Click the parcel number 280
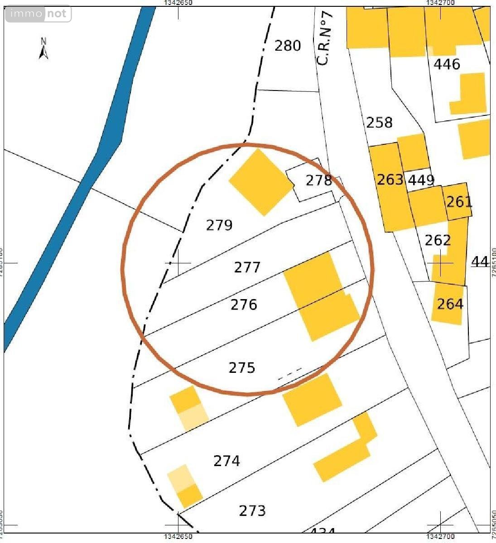pyautogui.click(x=288, y=46)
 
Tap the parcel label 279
pyautogui.click(x=219, y=225)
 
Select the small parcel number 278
pyautogui.click(x=318, y=181)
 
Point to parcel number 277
pyautogui.click(x=247, y=267)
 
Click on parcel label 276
pyautogui.click(x=244, y=305)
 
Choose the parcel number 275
pyautogui.click(x=242, y=367)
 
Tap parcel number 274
pyautogui.click(x=226, y=461)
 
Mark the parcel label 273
pyautogui.click(x=252, y=511)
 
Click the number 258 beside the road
pyautogui.click(x=379, y=122)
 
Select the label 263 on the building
pyautogui.click(x=390, y=180)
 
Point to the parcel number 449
pyautogui.click(x=421, y=180)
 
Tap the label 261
pyautogui.click(x=459, y=201)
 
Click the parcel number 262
pyautogui.click(x=438, y=240)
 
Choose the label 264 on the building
pyautogui.click(x=450, y=304)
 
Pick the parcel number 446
pyautogui.click(x=447, y=64)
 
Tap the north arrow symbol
pyautogui.click(x=43, y=49)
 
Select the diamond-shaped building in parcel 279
pyautogui.click(x=261, y=182)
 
